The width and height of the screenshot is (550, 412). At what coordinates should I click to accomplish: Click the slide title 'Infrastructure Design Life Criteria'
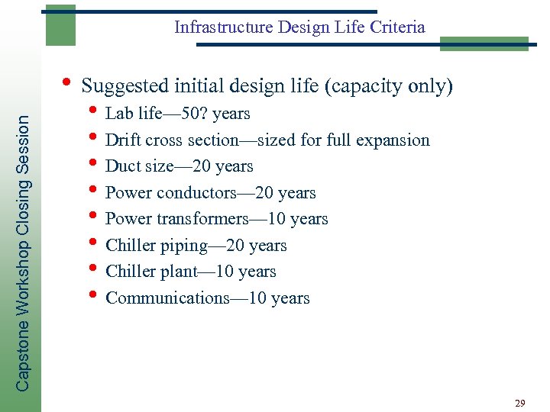click(x=299, y=27)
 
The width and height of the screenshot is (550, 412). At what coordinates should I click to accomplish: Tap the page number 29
click(x=519, y=403)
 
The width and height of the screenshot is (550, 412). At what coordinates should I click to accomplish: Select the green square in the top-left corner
click(x=60, y=25)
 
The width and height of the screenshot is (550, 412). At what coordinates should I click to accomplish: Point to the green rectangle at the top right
click(x=484, y=43)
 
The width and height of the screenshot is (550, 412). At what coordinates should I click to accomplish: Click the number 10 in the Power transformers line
click(x=277, y=219)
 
